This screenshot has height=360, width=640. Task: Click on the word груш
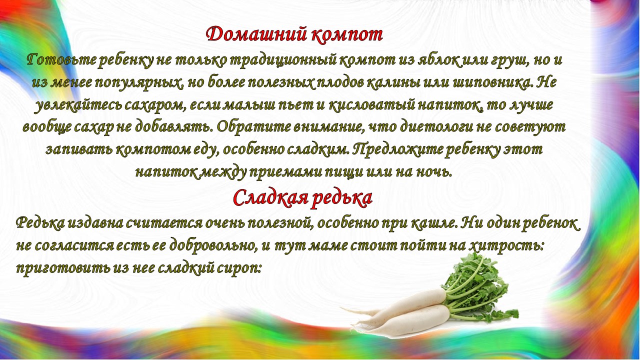pos(509,61)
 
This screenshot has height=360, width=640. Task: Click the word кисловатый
pos(371,105)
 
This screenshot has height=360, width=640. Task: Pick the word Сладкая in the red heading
pos(269,197)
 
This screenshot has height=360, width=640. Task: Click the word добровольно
pos(211,245)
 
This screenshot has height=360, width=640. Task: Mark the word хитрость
pos(506,245)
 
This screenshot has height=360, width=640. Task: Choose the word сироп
pos(239,268)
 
